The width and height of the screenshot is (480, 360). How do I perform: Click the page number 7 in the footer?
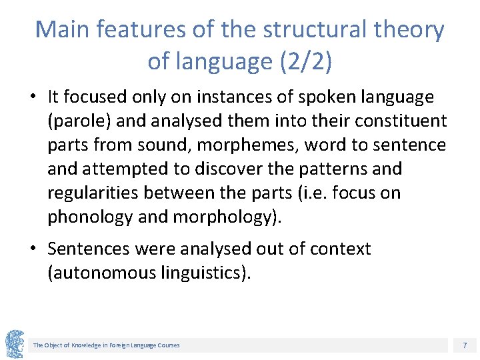[464, 345]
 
